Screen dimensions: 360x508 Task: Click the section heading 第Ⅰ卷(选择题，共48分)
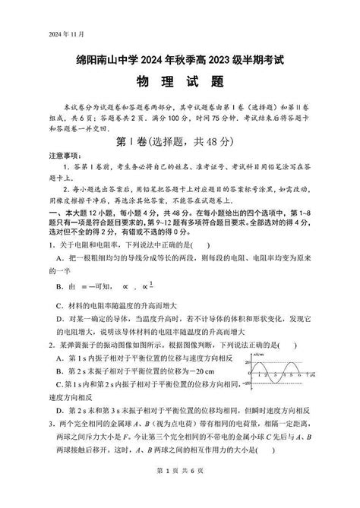click(x=180, y=142)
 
